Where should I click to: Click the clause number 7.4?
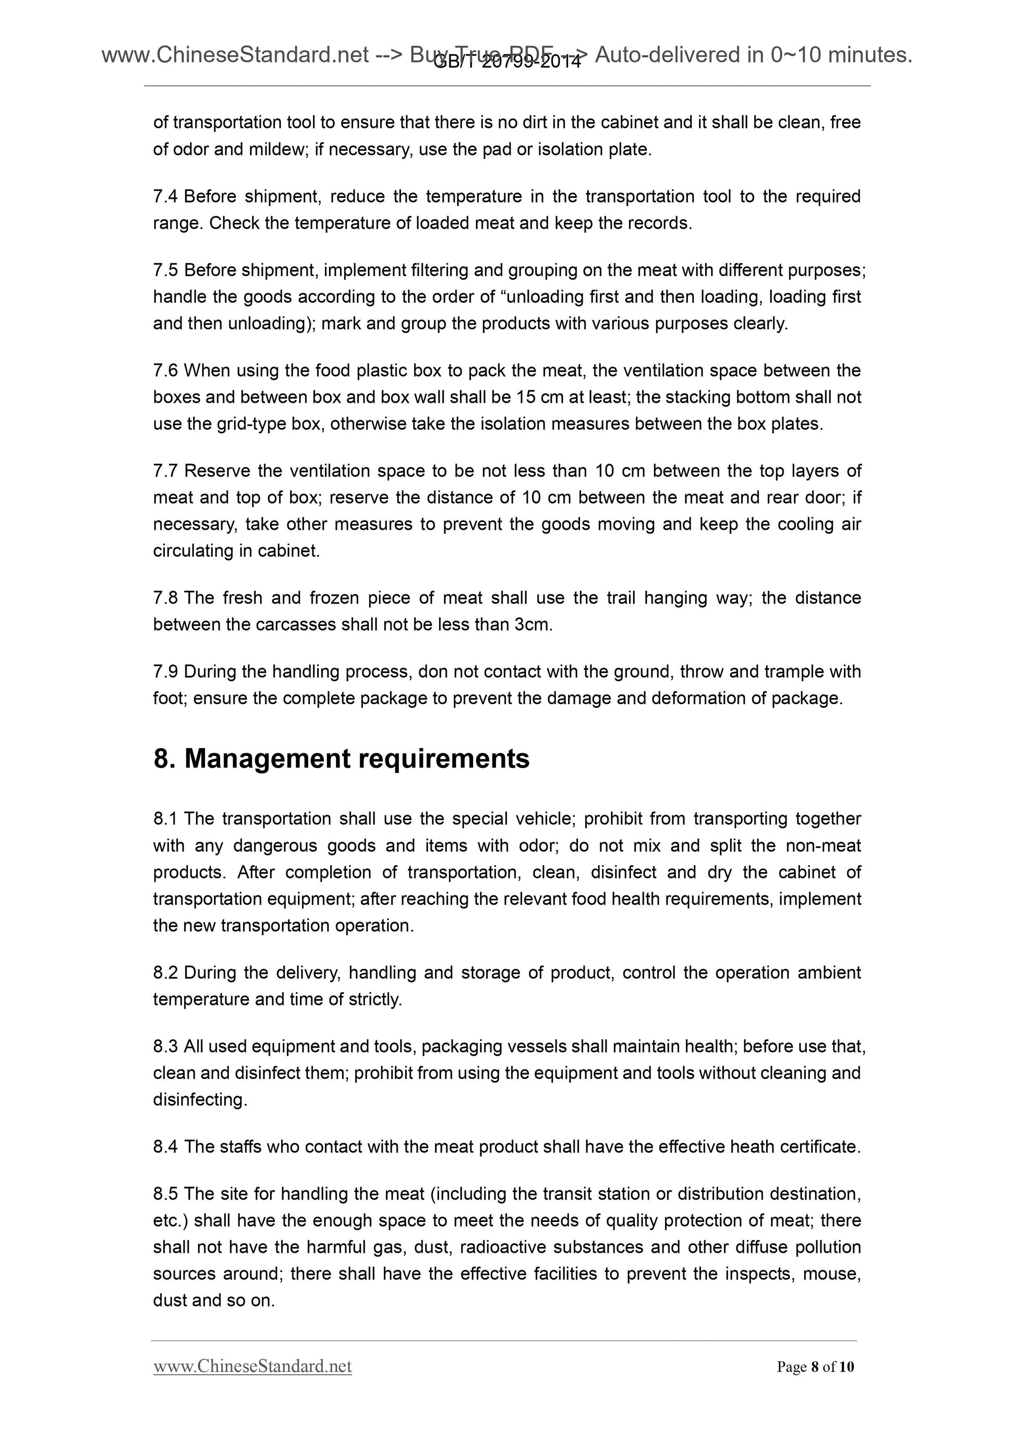pyautogui.click(x=165, y=196)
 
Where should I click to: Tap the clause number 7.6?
pyautogui.click(x=165, y=371)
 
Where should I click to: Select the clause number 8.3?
pyautogui.click(x=165, y=1047)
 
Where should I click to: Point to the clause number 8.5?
pyautogui.click(x=165, y=1194)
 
